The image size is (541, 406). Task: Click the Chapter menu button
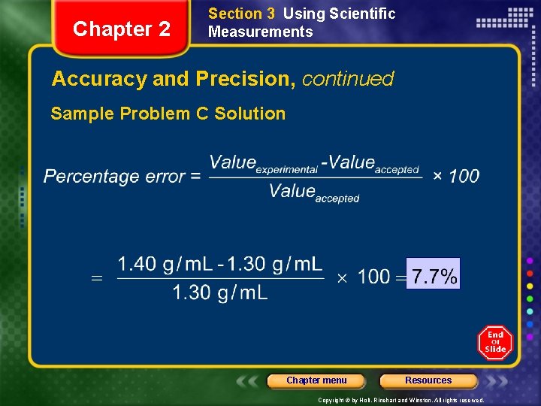(316, 380)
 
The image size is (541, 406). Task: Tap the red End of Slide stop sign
(495, 343)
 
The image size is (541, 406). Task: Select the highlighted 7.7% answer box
(434, 275)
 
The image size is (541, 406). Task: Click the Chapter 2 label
(122, 29)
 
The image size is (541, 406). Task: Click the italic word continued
(348, 79)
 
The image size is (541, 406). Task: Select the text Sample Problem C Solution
(168, 114)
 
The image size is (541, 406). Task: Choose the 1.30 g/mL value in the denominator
(220, 292)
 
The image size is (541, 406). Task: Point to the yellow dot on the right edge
(530, 286)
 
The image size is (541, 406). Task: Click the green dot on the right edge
(530, 299)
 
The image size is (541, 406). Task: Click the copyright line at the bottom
(400, 401)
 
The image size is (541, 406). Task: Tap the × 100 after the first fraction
(456, 176)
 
